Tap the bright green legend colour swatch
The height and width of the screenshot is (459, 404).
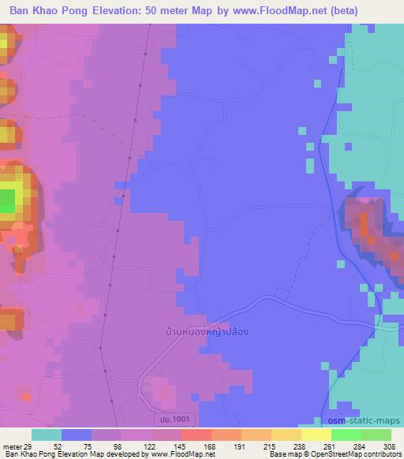click(x=346, y=435)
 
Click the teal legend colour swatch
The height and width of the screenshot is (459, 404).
click(x=47, y=435)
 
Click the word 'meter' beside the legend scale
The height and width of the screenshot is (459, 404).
click(x=12, y=446)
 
